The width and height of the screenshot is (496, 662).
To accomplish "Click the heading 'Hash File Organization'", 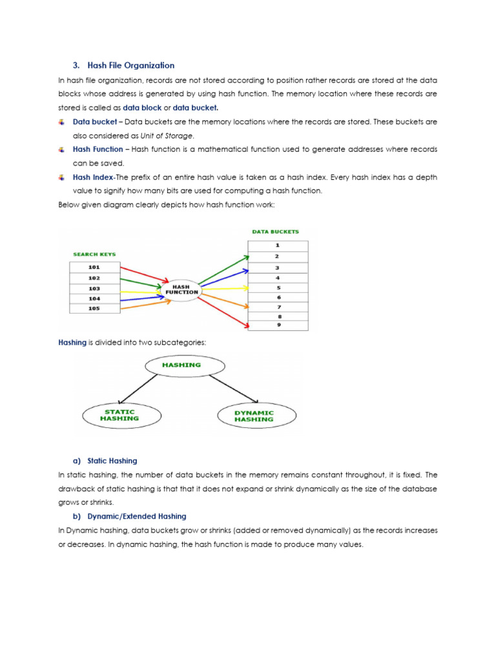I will [x=130, y=65].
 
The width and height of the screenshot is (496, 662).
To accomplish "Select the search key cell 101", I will [x=94, y=266].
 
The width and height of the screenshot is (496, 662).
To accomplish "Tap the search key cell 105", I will [x=94, y=308].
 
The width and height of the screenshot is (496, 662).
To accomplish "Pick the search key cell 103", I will [x=94, y=288].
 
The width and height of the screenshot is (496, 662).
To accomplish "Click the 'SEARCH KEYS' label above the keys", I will [x=94, y=254].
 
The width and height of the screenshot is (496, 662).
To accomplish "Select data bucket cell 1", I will [x=278, y=246].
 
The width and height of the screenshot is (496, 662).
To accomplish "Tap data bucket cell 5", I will [x=278, y=287].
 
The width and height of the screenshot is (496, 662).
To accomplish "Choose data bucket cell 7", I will [x=278, y=307].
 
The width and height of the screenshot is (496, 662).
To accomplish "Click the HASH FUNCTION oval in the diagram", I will [x=182, y=288].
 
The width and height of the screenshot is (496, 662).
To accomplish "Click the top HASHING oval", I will [x=185, y=365].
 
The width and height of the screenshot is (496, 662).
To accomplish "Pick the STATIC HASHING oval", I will [x=119, y=415].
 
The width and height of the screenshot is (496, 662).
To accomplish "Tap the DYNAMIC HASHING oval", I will [x=254, y=416].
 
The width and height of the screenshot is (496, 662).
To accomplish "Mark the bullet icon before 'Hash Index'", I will [x=61, y=177].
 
